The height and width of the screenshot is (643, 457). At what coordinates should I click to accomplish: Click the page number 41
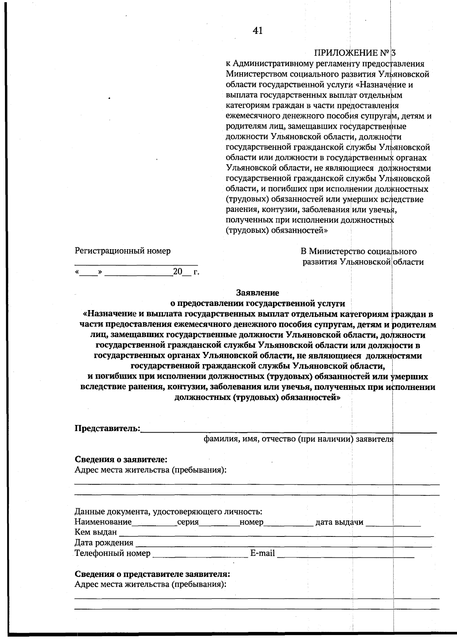257,31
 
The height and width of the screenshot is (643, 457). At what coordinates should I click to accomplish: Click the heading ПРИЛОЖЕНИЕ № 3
355,53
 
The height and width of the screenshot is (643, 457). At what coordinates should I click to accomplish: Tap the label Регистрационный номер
123,251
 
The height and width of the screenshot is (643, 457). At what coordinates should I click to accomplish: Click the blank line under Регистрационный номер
136,263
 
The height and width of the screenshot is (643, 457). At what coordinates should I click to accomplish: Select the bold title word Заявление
257,293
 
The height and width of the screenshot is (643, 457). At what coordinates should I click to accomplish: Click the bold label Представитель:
107,428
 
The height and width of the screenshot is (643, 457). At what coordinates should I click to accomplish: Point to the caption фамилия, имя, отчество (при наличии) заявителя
298,439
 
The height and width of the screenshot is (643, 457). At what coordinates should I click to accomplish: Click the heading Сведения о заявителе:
121,460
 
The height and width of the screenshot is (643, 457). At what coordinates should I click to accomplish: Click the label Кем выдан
96,532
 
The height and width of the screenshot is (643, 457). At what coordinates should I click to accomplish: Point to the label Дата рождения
104,543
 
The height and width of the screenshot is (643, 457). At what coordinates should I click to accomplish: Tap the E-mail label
262,553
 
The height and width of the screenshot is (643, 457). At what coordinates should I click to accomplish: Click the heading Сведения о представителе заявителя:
152,574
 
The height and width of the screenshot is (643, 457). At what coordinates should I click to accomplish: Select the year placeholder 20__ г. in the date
186,272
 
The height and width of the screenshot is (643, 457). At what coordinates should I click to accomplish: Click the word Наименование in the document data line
103,522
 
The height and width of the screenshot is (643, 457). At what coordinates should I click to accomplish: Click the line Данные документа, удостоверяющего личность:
168,512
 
